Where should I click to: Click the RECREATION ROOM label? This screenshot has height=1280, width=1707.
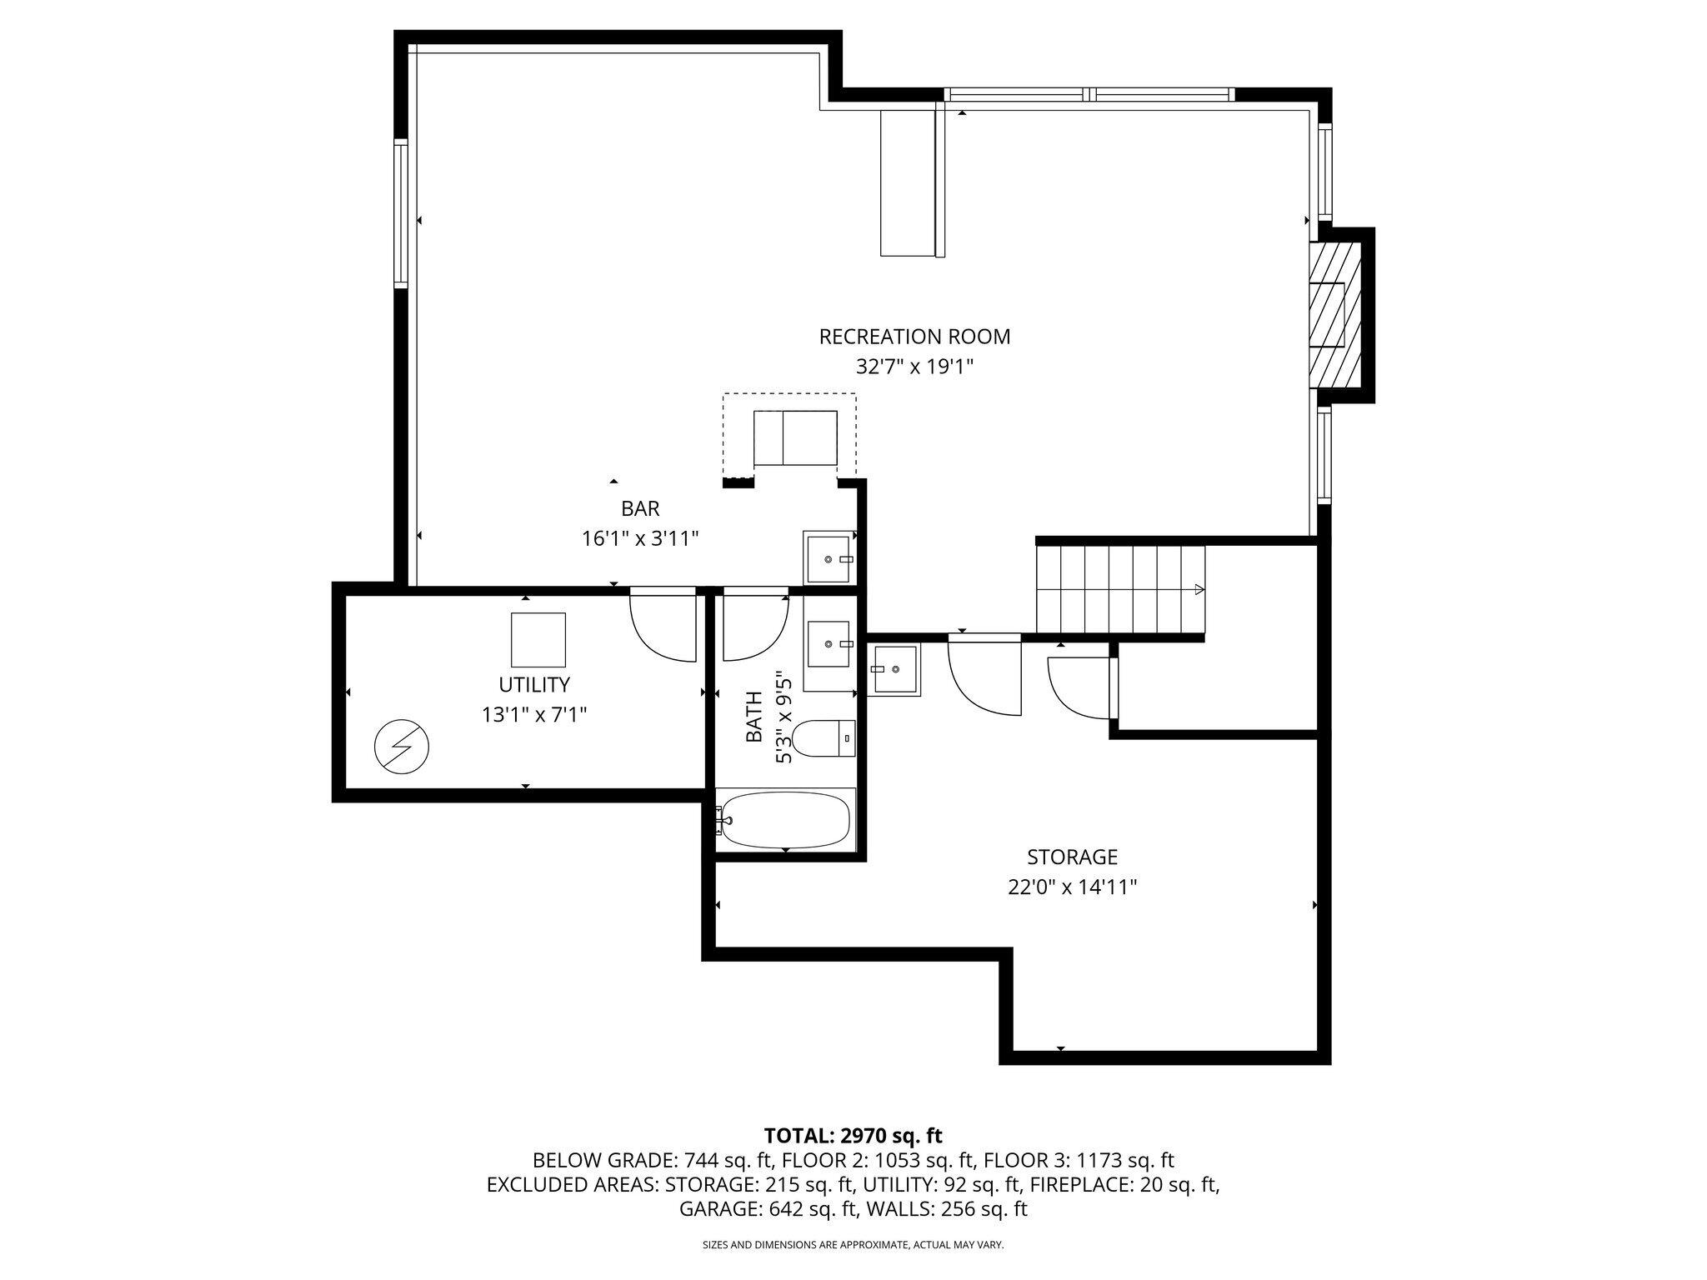tap(914, 337)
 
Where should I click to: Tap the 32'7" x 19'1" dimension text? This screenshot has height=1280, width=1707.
tap(914, 367)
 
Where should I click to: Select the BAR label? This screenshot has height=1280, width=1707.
tap(640, 508)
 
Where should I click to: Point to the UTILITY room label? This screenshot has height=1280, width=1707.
tap(534, 685)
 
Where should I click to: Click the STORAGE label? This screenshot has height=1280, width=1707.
tap(1072, 857)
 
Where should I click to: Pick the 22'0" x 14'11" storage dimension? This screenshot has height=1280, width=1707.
tap(1072, 887)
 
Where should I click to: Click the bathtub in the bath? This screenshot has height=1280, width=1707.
tap(786, 819)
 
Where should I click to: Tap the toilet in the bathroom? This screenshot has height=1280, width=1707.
tap(823, 738)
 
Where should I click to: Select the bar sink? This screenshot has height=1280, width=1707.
tap(829, 557)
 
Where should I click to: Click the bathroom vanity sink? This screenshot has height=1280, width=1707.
tap(829, 643)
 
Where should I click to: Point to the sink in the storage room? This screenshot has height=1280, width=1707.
tap(894, 668)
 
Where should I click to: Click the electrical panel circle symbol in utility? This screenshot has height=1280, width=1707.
tap(403, 746)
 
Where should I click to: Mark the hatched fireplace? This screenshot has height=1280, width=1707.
tap(1335, 314)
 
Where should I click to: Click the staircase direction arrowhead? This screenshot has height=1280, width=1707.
tap(1199, 590)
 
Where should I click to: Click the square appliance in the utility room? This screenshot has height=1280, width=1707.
tap(538, 641)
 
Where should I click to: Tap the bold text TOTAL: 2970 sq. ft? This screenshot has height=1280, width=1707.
tap(853, 1135)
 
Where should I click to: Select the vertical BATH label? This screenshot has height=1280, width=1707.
tap(754, 717)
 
